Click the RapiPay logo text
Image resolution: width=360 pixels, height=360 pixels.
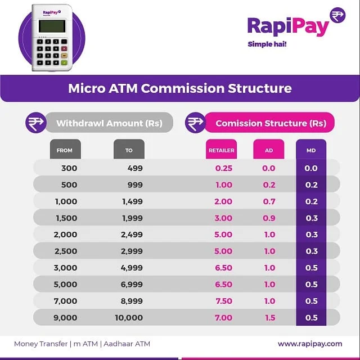tap(287, 26)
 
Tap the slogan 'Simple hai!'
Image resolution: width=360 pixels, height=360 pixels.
tap(267, 44)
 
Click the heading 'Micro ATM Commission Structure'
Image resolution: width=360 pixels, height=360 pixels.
tap(180, 88)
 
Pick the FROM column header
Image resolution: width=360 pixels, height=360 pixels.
tap(65, 150)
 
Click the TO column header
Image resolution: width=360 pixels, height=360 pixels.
tap(129, 150)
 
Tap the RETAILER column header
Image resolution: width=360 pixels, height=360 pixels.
tap(221, 150)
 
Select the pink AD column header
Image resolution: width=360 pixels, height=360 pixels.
tap(269, 150)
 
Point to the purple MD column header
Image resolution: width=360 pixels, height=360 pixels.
tap(311, 150)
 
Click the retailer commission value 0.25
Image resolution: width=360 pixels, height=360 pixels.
tap(224, 168)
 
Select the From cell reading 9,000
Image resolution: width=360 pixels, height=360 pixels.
tap(66, 318)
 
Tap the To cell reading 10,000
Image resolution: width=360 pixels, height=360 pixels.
tap(129, 318)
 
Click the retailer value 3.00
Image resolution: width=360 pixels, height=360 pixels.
tap(224, 218)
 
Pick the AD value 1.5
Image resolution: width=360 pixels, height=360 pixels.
tap(270, 318)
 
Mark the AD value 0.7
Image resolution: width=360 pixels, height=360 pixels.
tap(270, 201)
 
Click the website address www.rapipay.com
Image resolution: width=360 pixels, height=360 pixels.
tap(310, 344)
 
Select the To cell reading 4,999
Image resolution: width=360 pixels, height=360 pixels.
tap(131, 268)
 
